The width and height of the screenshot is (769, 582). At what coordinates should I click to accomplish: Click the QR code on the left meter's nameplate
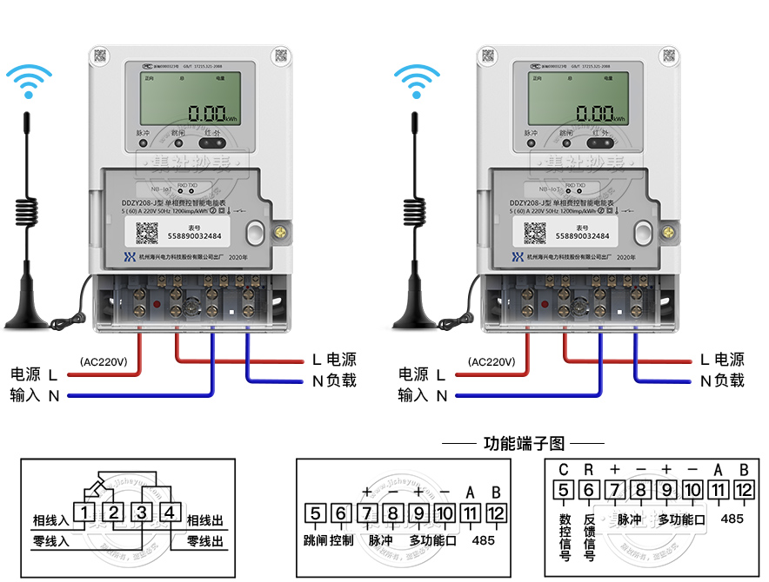click(148, 234)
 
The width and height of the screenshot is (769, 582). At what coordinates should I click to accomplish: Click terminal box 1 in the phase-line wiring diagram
click(84, 512)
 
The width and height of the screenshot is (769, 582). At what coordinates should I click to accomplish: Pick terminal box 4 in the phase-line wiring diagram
click(171, 512)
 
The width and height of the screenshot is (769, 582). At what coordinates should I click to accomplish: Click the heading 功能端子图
click(524, 444)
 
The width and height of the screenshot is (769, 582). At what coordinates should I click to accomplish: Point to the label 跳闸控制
click(329, 539)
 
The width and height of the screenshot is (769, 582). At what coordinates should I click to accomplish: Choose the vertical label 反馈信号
click(589, 532)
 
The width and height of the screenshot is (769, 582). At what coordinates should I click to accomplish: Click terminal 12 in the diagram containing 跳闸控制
click(496, 513)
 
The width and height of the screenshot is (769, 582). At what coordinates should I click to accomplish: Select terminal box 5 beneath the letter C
click(563, 490)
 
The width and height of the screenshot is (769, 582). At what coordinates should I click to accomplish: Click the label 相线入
click(50, 520)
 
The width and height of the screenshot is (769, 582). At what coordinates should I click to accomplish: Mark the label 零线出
click(205, 541)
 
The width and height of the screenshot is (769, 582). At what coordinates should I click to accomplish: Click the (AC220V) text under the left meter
click(104, 361)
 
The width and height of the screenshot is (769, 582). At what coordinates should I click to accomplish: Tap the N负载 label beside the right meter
click(722, 380)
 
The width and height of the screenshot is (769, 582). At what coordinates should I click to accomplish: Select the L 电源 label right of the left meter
click(333, 360)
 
